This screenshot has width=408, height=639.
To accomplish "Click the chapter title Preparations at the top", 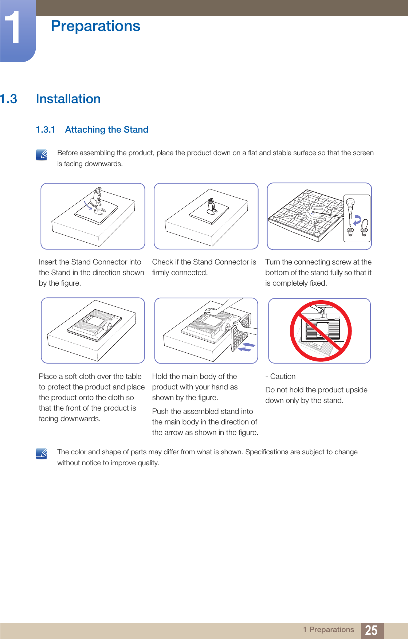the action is click(x=95, y=26).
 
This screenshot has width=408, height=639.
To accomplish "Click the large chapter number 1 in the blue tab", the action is click(x=13, y=28).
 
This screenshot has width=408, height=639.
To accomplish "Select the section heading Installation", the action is click(x=68, y=99).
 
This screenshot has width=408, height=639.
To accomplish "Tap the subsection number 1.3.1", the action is click(x=46, y=130).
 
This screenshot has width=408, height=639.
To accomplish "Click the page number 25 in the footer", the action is click(x=371, y=630).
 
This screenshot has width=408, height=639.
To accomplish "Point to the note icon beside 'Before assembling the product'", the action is click(x=42, y=155).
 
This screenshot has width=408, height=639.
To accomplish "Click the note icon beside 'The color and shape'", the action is click(x=42, y=454).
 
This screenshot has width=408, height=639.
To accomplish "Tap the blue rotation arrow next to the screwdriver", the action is click(x=357, y=220).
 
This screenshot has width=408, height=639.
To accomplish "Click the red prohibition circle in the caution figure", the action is click(x=321, y=331).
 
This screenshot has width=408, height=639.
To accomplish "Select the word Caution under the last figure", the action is click(x=283, y=376).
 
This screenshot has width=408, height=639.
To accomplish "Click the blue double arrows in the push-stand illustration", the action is click(x=247, y=347).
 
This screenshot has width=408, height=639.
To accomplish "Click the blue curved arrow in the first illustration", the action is click(x=88, y=205).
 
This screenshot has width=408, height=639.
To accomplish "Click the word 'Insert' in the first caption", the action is click(x=48, y=262).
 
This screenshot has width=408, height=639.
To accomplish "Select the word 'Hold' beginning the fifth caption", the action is click(x=160, y=376).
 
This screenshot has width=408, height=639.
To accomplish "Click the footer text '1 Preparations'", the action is click(x=329, y=630).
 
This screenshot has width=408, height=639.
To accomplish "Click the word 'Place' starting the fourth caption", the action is click(x=48, y=376).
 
